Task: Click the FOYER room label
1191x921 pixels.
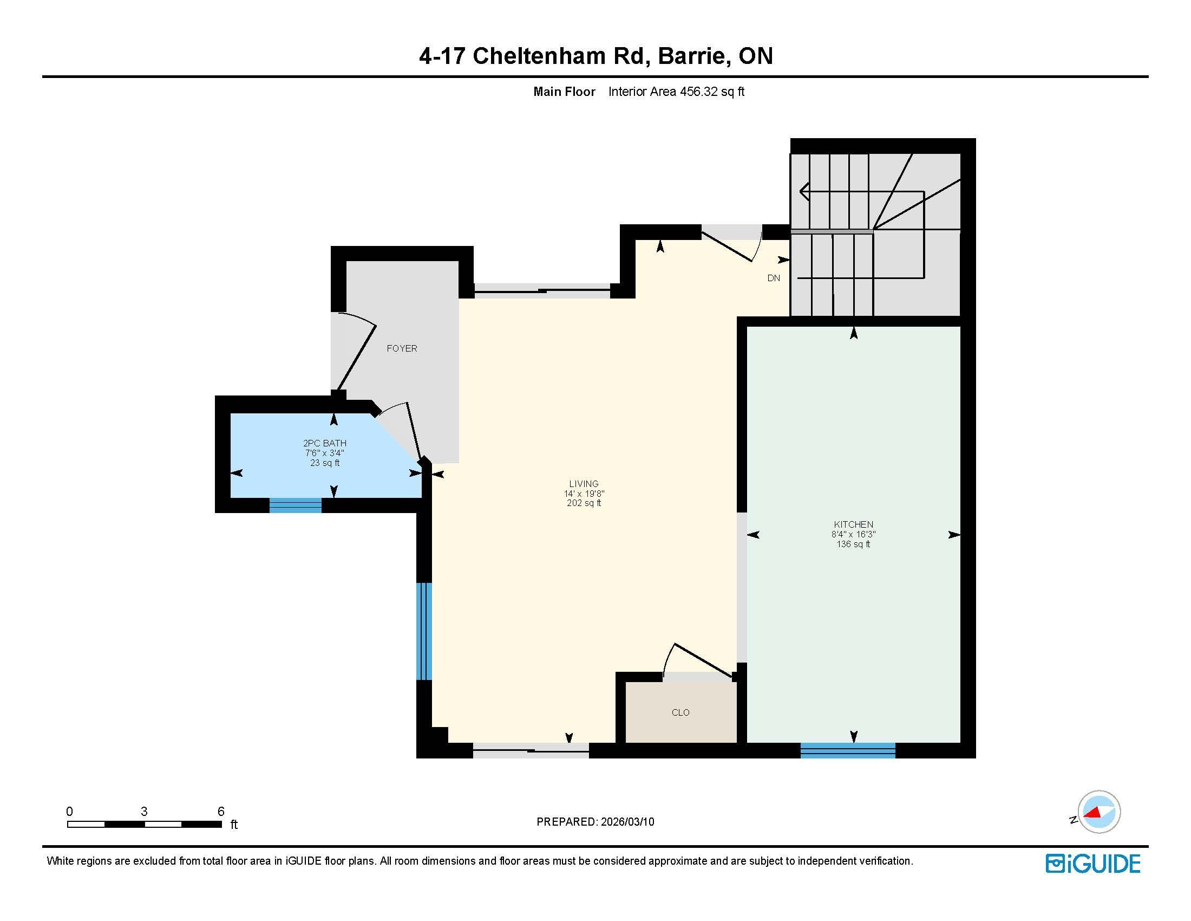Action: [x=402, y=348]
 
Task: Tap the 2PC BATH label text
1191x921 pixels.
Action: [x=324, y=443]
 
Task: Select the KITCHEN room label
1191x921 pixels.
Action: [x=853, y=524]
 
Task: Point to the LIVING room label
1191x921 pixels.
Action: [x=584, y=483]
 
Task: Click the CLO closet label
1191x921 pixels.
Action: [x=680, y=712]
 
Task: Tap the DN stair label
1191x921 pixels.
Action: [x=773, y=278]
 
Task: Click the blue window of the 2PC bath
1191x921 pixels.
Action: [x=295, y=505]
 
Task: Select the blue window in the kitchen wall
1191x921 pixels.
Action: [x=847, y=750]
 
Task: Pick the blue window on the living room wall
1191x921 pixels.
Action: [x=424, y=631]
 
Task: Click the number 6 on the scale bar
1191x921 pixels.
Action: [x=221, y=811]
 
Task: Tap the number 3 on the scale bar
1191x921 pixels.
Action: [x=144, y=811]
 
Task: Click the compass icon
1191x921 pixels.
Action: [x=1098, y=812]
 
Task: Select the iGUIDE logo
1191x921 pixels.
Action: [x=1093, y=863]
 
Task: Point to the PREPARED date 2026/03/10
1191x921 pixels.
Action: [x=627, y=822]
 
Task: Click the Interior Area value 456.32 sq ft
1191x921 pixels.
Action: [x=712, y=92]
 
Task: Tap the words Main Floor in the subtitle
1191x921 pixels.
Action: [x=564, y=92]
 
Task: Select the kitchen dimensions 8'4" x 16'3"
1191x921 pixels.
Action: [x=853, y=534]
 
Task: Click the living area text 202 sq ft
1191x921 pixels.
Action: [x=584, y=503]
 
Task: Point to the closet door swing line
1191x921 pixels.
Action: [x=703, y=661]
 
